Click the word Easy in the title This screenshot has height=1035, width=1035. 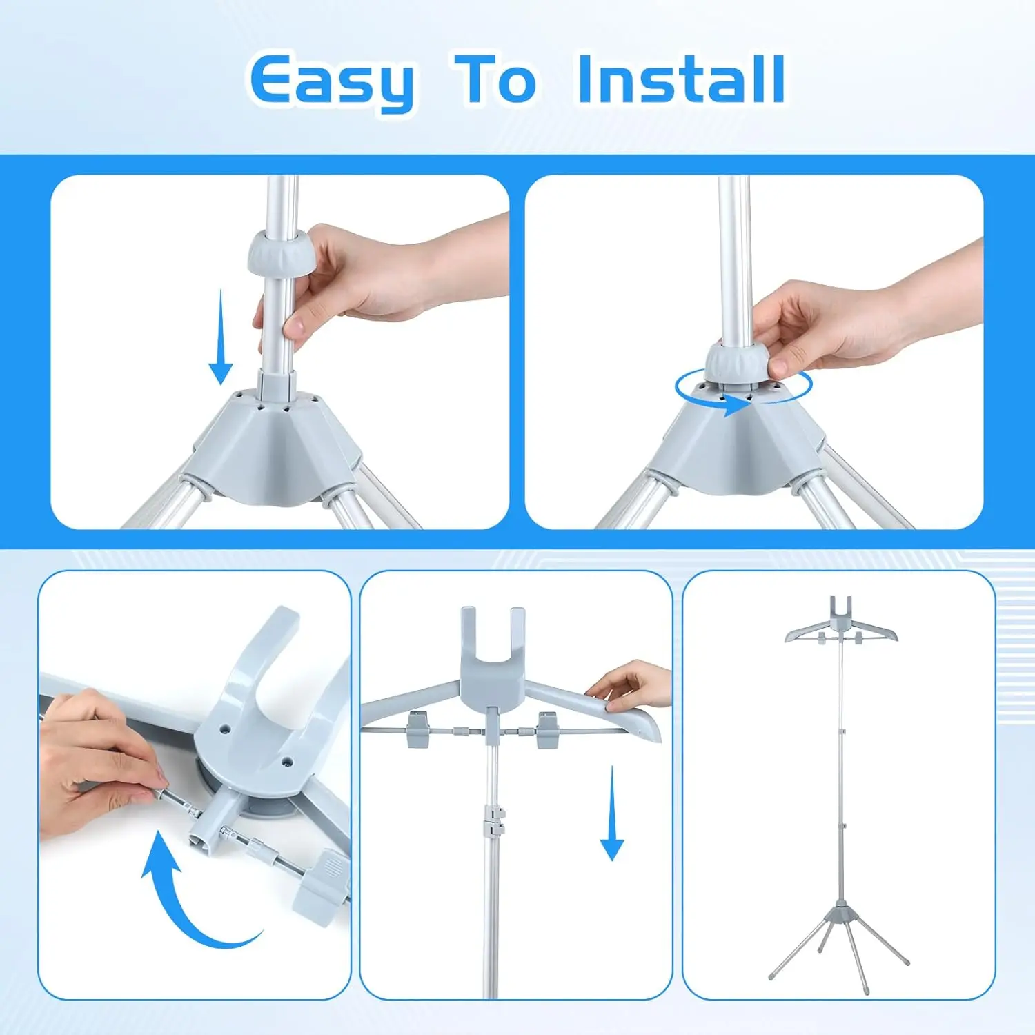tap(331, 81)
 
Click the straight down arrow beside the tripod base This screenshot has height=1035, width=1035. tap(220, 337)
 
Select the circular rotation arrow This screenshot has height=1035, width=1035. tap(743, 390)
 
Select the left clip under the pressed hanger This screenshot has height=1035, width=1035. tap(420, 730)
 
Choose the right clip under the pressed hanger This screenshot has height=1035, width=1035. tap(549, 729)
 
